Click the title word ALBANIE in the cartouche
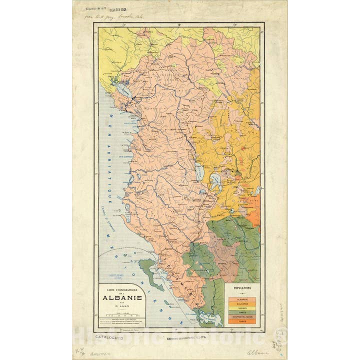point(122,297)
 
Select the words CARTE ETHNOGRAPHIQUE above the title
point(122,287)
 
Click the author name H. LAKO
point(122,304)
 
